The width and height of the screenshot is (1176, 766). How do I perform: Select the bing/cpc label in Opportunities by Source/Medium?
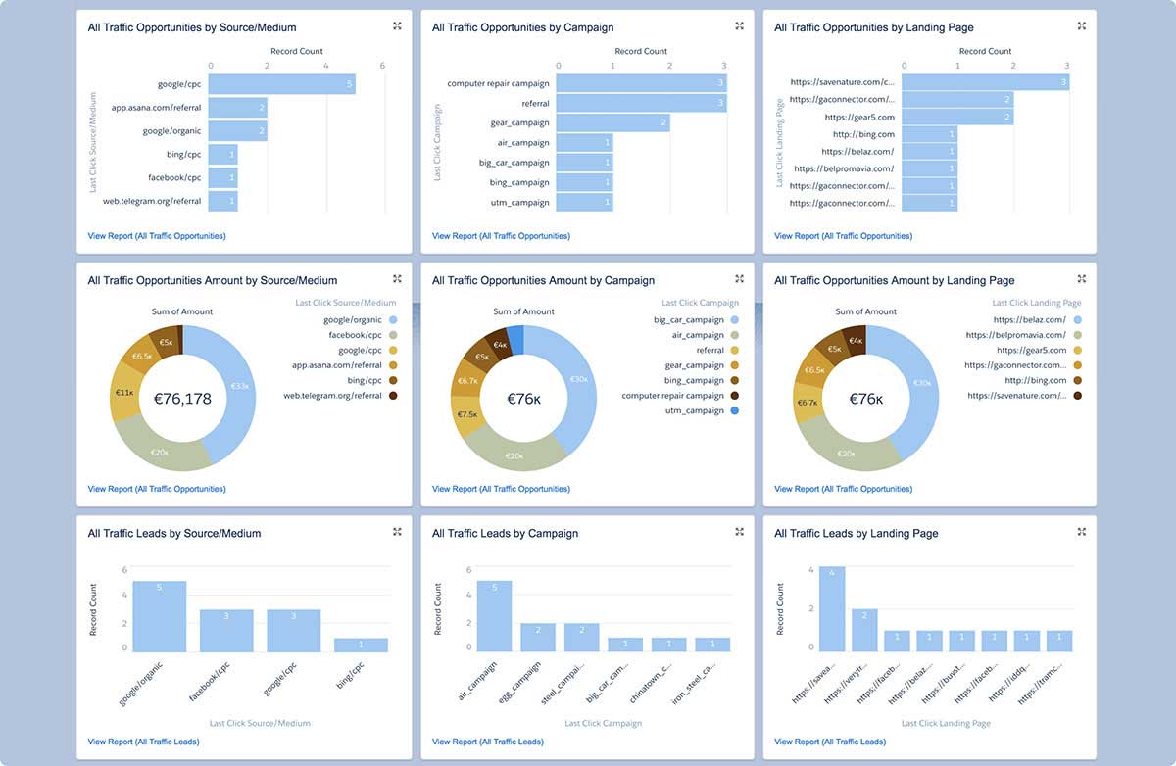point(183,155)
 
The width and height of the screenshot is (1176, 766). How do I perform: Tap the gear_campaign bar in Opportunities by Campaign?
point(612,123)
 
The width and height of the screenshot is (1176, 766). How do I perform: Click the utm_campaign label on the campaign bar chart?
point(522,203)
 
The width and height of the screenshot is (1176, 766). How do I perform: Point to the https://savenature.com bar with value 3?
point(984,82)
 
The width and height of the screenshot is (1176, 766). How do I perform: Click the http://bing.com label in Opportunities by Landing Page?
point(863,134)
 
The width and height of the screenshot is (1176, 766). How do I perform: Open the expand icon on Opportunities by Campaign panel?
point(739,26)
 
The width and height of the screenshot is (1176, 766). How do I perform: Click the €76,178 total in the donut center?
point(183,399)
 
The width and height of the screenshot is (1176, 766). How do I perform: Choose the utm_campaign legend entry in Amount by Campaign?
point(697,411)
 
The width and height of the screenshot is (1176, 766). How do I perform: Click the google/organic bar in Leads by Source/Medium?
point(160,616)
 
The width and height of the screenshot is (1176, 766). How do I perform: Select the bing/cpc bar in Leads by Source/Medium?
point(361,645)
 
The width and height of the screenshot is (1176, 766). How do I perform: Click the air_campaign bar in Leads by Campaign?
point(494,616)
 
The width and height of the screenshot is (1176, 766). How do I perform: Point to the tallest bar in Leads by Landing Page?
point(832,608)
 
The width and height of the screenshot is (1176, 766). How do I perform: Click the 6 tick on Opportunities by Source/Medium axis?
point(382,66)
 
